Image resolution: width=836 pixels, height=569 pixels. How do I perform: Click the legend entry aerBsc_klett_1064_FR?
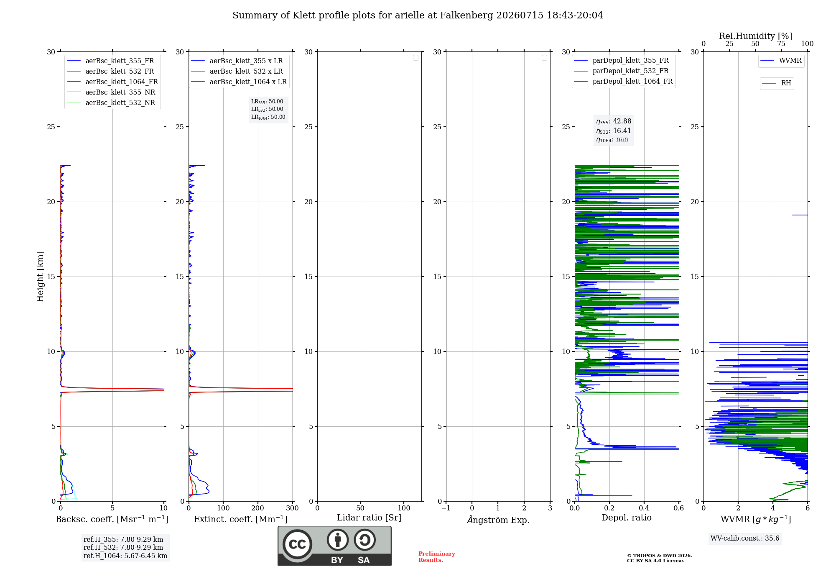(112, 82)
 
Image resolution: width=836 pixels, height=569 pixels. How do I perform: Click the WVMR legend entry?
(781, 61)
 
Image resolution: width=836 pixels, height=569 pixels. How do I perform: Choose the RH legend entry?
(777, 83)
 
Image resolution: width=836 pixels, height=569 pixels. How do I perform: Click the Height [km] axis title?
(40, 277)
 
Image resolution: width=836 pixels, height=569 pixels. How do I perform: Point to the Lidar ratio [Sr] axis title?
(369, 518)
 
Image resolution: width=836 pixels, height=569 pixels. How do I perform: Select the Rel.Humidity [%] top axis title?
(756, 36)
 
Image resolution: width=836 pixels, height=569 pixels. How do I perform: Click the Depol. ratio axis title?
(627, 518)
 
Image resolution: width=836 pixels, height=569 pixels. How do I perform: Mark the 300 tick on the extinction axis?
(293, 508)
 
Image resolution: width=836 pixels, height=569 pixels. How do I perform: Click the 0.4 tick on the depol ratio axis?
(644, 508)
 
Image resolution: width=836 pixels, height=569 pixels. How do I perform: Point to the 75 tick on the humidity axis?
(781, 44)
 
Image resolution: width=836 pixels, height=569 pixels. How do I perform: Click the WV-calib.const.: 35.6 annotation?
(745, 538)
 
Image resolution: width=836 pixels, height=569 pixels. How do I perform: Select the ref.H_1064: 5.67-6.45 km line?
(125, 556)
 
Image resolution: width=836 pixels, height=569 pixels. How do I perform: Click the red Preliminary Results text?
(437, 557)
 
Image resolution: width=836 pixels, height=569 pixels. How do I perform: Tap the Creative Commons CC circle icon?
(297, 544)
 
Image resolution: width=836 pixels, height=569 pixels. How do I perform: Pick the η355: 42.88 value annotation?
(614, 121)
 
